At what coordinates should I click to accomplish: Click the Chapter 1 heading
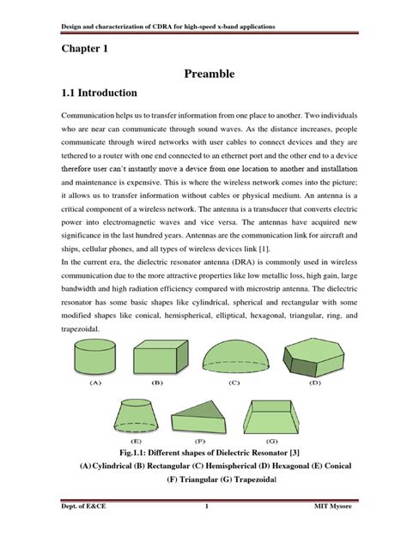coord(84,50)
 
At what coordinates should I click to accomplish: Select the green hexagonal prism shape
coord(315,352)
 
